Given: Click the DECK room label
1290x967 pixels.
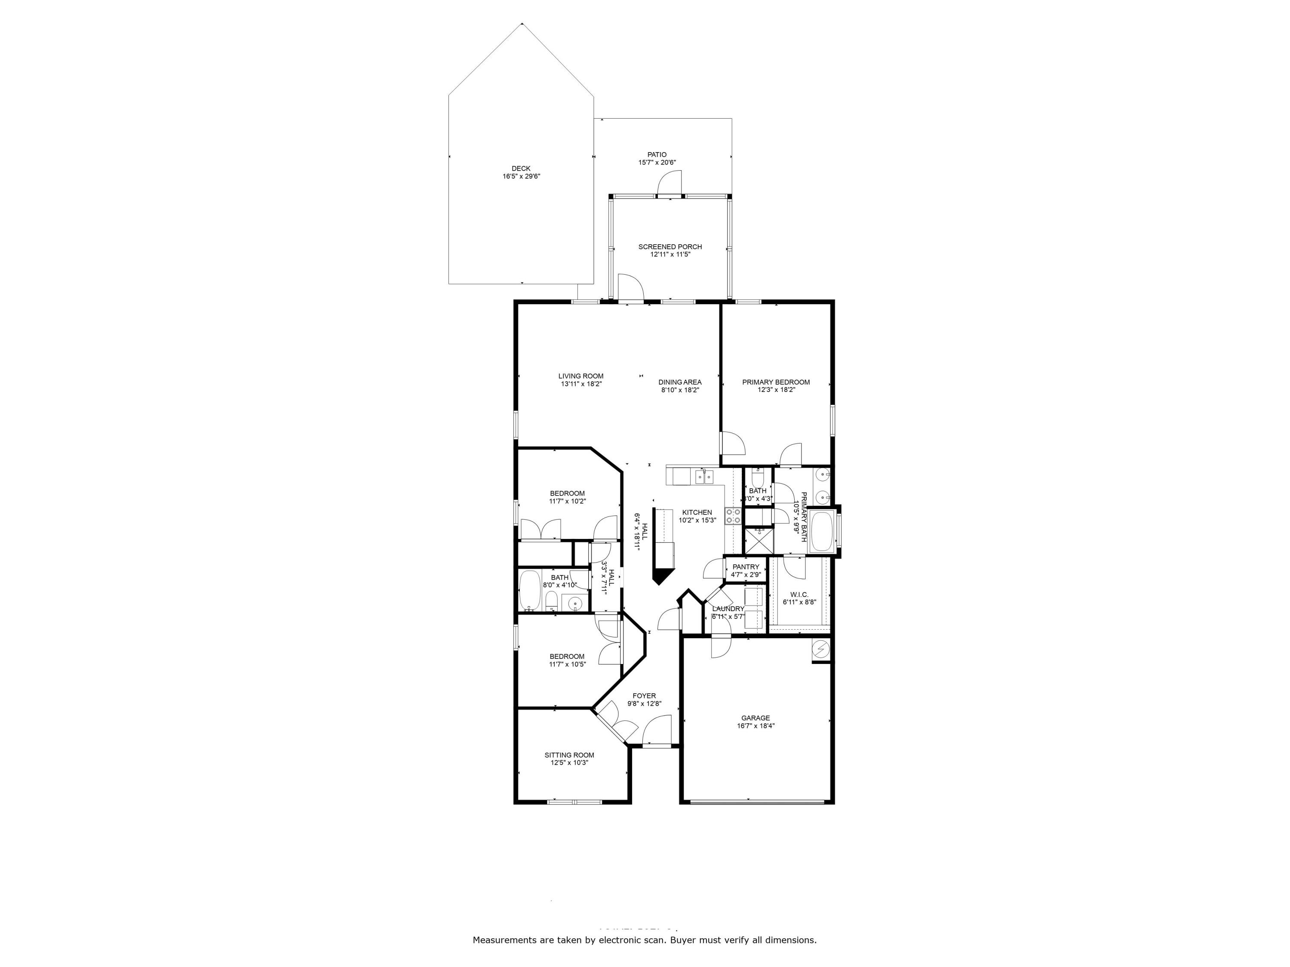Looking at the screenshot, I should coord(521,168).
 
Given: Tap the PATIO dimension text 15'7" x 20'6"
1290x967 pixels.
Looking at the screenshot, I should coord(657,162).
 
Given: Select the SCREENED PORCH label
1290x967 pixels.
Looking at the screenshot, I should coord(670,247).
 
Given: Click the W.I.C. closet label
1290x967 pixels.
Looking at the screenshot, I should coord(799,594).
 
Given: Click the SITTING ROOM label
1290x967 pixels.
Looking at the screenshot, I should coord(569,755).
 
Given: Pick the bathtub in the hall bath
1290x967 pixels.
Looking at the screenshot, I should coord(529,591).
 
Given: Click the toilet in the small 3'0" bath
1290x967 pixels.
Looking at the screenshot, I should coord(758,479).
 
